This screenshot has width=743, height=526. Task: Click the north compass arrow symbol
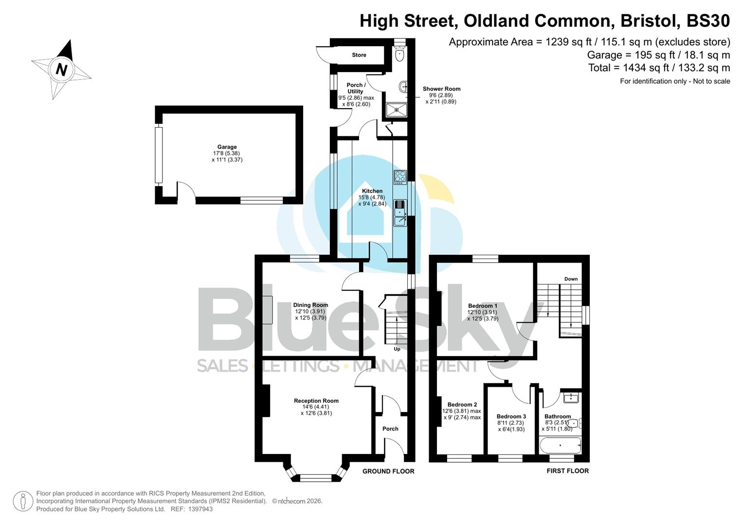tap(62, 69)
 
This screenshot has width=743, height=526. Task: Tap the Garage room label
tap(227, 147)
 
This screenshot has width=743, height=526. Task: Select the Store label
tap(359, 55)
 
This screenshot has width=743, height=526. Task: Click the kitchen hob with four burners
tap(400, 177)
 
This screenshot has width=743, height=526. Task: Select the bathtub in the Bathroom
tap(561, 445)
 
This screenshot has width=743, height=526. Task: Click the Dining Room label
tap(310, 305)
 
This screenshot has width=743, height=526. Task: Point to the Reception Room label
tap(316, 401)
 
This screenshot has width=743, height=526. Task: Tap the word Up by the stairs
tap(397, 349)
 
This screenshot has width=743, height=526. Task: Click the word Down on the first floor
tap(571, 279)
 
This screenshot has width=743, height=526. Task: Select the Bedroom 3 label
tap(511, 416)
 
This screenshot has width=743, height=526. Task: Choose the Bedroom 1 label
tap(482, 306)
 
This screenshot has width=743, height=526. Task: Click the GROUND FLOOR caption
tap(388, 471)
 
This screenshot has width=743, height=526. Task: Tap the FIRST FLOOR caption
tap(567, 471)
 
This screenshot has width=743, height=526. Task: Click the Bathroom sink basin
tap(570, 398)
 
